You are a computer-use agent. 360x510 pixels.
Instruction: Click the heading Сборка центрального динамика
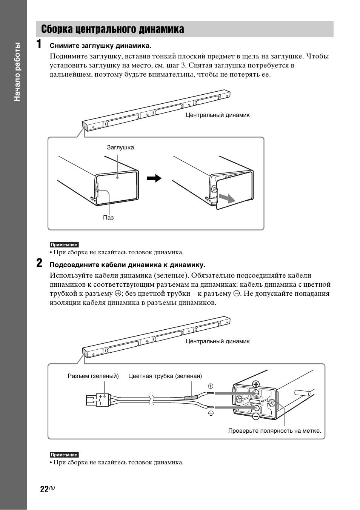point(113,29)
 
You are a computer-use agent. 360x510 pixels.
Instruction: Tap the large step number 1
point(39,45)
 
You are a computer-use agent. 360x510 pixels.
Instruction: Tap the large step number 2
point(39,263)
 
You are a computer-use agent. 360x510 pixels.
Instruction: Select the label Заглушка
point(120,147)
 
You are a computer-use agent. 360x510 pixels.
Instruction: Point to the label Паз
point(108,218)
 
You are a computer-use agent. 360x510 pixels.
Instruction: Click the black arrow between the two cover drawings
point(154,178)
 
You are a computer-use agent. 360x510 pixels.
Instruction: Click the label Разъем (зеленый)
point(93,376)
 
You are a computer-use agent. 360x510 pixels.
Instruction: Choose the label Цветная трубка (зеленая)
point(165,376)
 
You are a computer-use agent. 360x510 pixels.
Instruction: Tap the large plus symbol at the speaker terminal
point(256,384)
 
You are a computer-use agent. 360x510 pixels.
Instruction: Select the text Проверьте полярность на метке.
point(274,431)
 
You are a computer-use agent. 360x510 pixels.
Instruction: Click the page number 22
point(44,489)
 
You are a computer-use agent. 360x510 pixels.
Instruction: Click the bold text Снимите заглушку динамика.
point(100,46)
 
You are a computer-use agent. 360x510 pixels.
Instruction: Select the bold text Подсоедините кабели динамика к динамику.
point(128,264)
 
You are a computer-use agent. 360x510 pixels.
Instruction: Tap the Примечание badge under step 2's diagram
point(64,455)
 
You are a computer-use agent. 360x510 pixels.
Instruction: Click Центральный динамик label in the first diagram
point(217,115)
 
